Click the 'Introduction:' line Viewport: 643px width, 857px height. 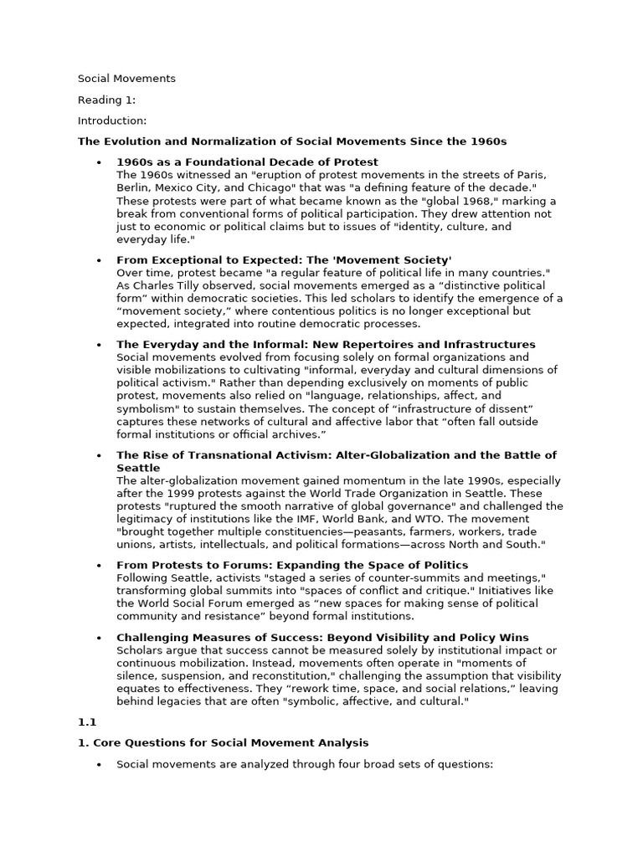[x=112, y=121]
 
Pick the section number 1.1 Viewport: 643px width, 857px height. [x=87, y=721]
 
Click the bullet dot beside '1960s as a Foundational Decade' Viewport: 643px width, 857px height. [x=99, y=162]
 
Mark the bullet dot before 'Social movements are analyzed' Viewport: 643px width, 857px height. [x=99, y=764]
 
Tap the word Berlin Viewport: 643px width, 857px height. [x=131, y=187]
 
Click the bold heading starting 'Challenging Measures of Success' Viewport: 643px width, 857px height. [x=322, y=638]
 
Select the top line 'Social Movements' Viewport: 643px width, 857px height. [x=126, y=79]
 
